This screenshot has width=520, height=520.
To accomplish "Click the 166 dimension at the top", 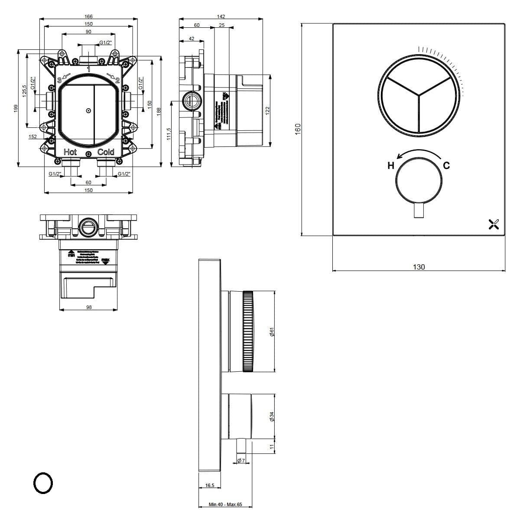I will (x=88, y=16).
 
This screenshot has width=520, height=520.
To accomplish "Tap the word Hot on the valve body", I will (x=70, y=152).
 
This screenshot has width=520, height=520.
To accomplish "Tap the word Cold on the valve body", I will (x=106, y=152).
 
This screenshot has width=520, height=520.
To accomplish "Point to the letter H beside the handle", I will (x=390, y=166).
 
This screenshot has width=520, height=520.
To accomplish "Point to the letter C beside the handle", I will (x=446, y=166).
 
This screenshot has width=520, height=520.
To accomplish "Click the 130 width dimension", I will (x=419, y=267).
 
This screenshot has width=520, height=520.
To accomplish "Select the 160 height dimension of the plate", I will (x=298, y=129).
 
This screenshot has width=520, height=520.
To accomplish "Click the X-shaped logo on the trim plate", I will (x=494, y=224).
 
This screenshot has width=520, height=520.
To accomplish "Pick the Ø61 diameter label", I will (x=272, y=332).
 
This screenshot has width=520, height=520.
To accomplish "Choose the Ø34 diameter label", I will (x=272, y=416).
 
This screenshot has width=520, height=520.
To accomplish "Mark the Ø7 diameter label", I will (x=241, y=460).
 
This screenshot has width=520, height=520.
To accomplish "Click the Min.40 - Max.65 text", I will (x=225, y=504).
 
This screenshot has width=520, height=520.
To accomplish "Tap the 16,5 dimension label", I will (x=210, y=486).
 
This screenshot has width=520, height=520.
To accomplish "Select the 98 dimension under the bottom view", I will (x=89, y=307).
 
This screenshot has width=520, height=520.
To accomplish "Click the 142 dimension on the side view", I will (x=221, y=16).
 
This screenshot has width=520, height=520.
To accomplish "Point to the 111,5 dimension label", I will (x=169, y=134).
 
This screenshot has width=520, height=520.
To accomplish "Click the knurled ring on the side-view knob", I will (x=248, y=331).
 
